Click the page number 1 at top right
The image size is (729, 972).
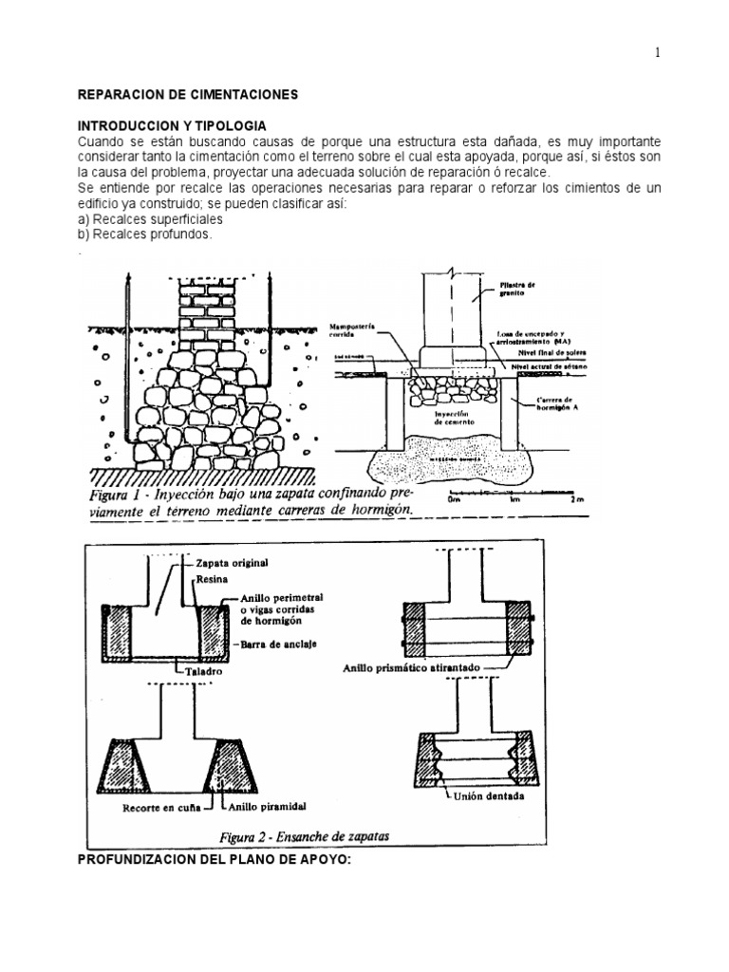[656, 52]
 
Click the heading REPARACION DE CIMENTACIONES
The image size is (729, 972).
[187, 95]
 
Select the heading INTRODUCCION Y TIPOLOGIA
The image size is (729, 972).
[172, 126]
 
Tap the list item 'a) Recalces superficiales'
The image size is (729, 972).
[140, 218]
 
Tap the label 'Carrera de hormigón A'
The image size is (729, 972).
[554, 406]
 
